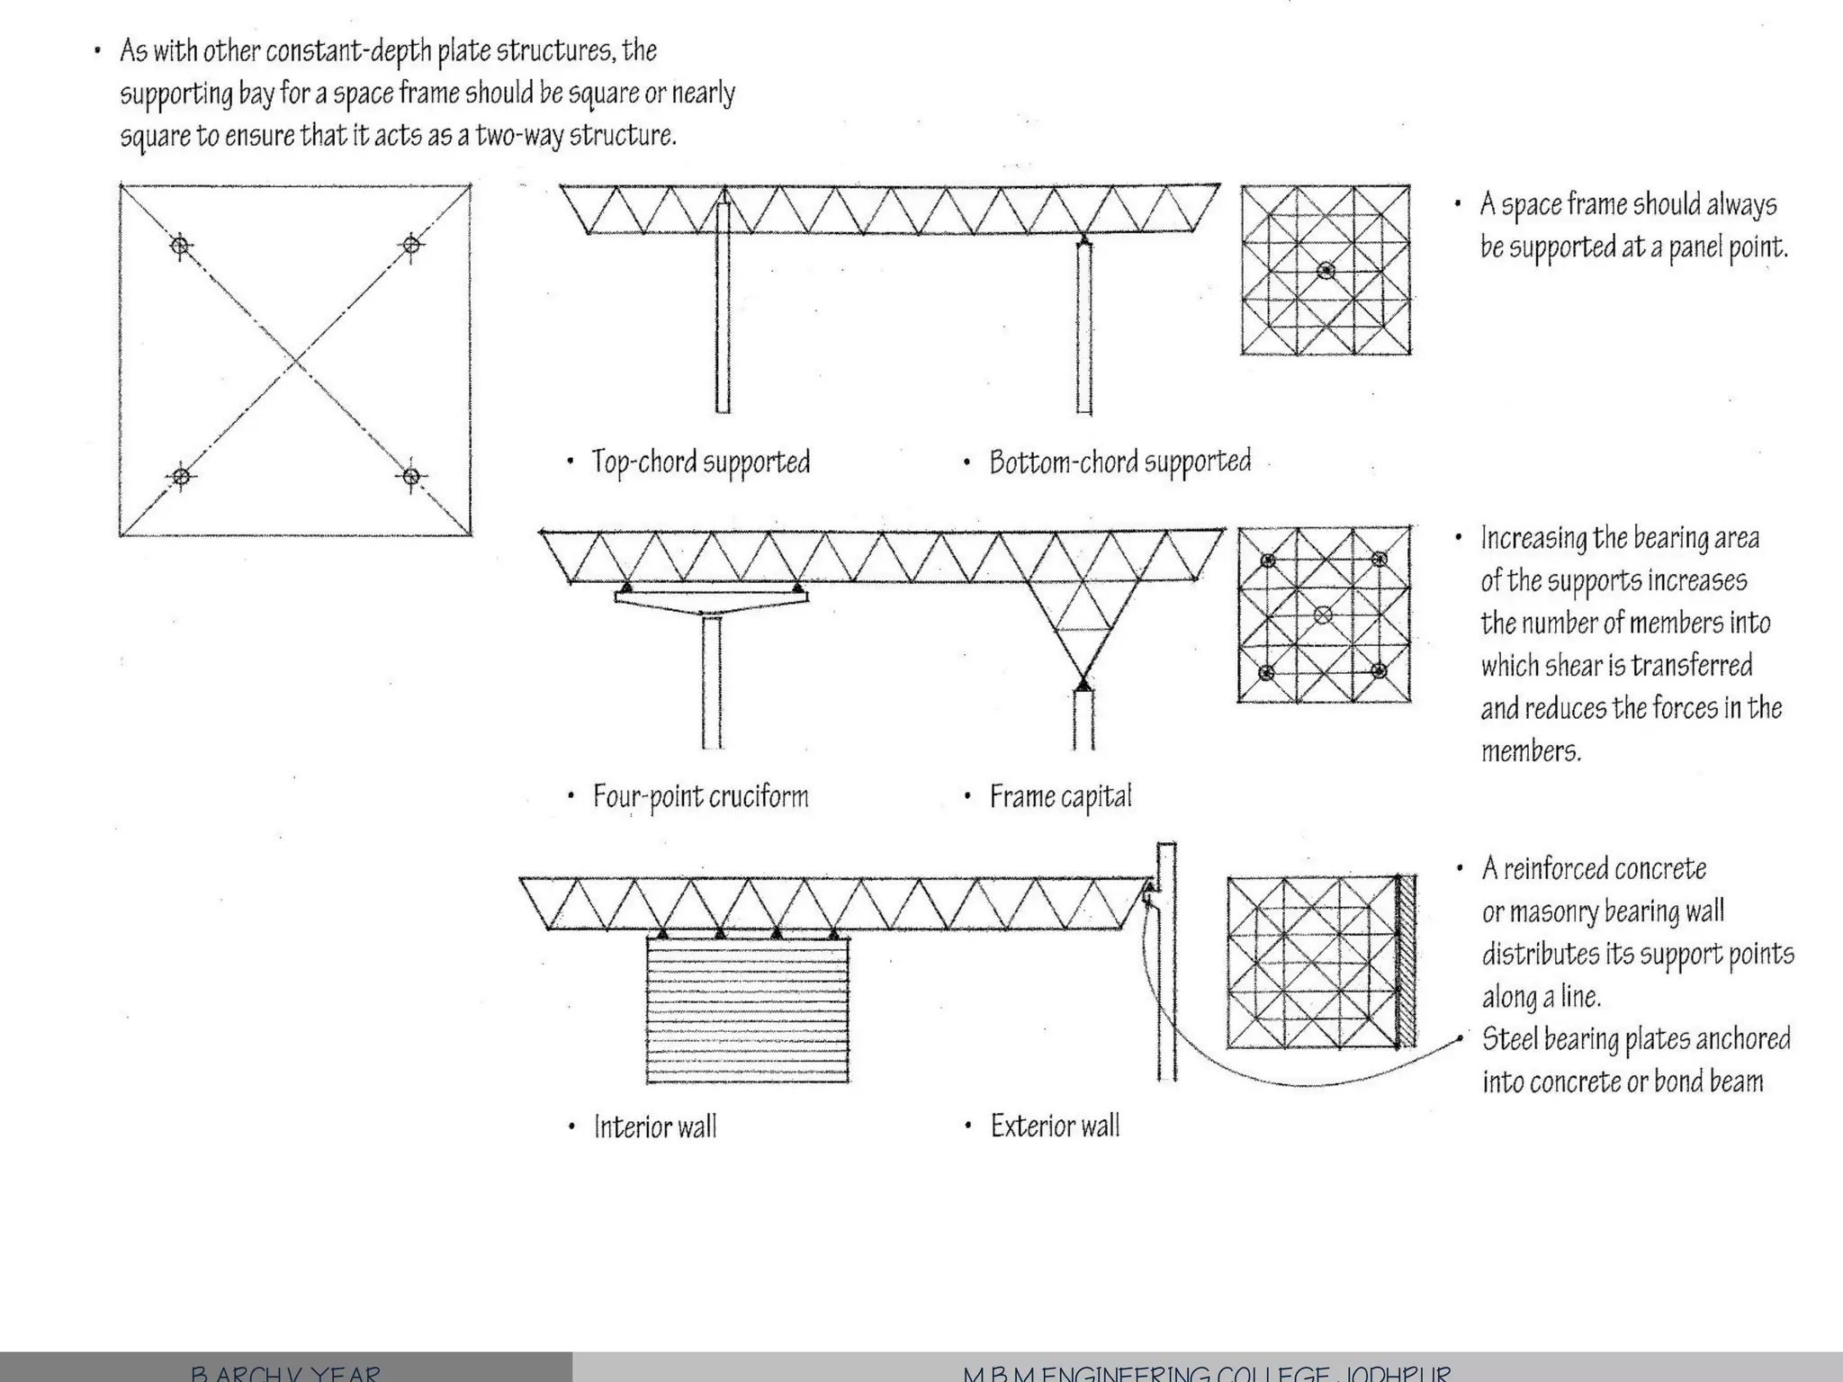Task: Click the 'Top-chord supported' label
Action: (700, 462)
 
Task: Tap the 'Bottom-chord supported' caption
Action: (1119, 462)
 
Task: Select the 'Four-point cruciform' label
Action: (700, 797)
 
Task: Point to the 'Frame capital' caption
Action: (1060, 797)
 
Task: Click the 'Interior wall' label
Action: (655, 1127)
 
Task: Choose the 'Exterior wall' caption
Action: (1055, 1126)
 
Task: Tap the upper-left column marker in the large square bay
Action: (181, 245)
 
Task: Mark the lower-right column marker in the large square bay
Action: (411, 476)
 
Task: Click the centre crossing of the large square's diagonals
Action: (296, 361)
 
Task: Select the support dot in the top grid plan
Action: (1326, 270)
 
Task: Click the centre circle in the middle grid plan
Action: (1323, 615)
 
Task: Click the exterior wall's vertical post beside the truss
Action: (1166, 990)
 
